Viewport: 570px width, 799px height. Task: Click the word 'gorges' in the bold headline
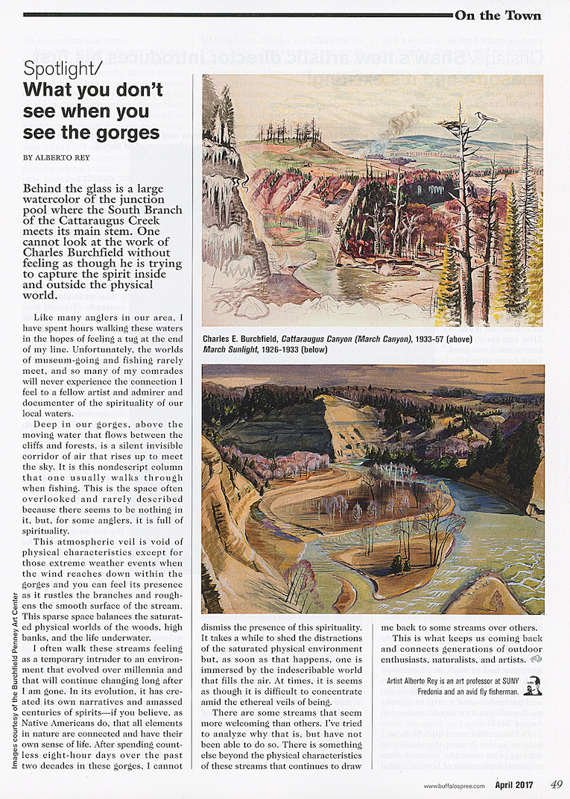(x=127, y=133)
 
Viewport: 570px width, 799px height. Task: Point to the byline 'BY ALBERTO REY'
(x=59, y=157)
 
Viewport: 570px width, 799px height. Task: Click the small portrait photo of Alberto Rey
(x=532, y=686)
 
